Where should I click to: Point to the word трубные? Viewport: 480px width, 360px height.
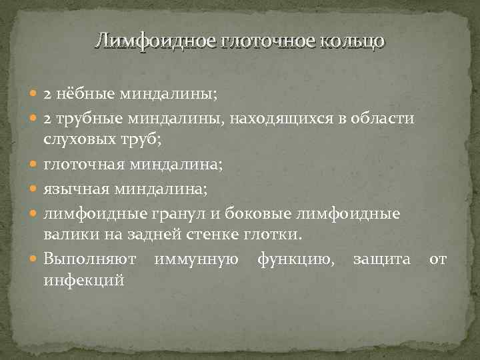pos(87,119)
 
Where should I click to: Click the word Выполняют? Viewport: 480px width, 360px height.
pos(89,257)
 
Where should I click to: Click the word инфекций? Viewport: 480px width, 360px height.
pos(83,280)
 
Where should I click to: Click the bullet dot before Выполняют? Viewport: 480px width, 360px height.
pos(35,257)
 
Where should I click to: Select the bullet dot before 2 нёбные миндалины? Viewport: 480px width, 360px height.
pos(35,95)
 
